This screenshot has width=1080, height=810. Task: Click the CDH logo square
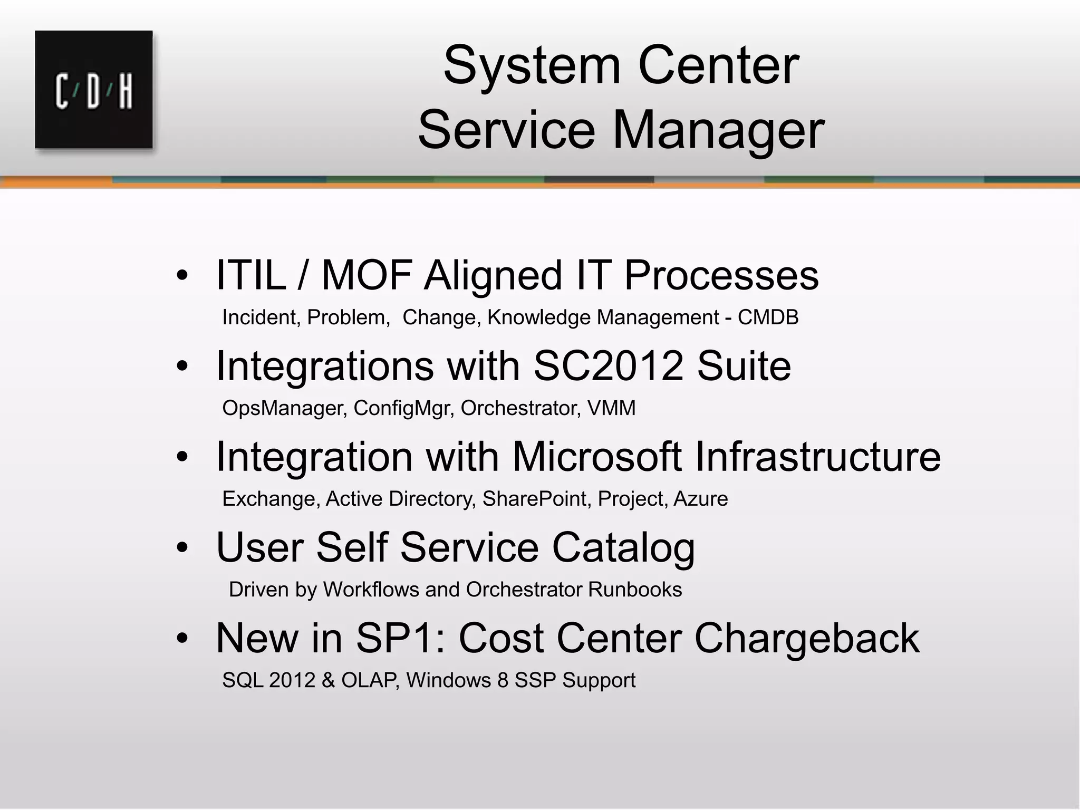pyautogui.click(x=94, y=90)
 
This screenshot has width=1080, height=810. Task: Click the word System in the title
pyautogui.click(x=532, y=66)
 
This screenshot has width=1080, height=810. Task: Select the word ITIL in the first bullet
pyautogui.click(x=250, y=275)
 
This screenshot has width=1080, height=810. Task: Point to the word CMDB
pyautogui.click(x=768, y=317)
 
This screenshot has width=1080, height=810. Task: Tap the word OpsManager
pyautogui.click(x=284, y=408)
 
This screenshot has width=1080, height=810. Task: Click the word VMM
pyautogui.click(x=611, y=408)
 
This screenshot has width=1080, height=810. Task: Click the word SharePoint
pyautogui.click(x=535, y=499)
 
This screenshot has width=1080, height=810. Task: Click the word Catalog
pyautogui.click(x=623, y=547)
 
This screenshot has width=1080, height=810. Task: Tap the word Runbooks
pyautogui.click(x=634, y=590)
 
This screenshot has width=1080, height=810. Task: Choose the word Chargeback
pyautogui.click(x=807, y=638)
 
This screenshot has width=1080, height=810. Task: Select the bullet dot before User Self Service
pyautogui.click(x=182, y=548)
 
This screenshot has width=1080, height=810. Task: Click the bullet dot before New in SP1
pyautogui.click(x=182, y=639)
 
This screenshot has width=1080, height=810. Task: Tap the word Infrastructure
pyautogui.click(x=817, y=457)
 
